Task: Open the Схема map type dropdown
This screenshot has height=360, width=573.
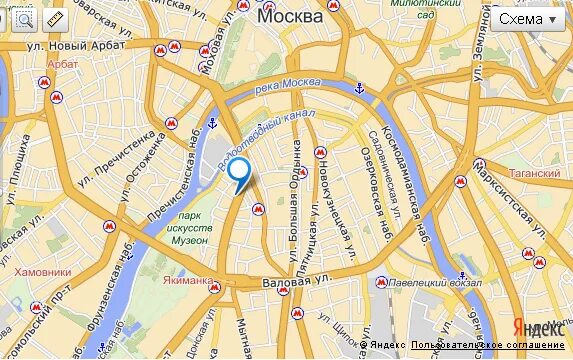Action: click(x=526, y=19)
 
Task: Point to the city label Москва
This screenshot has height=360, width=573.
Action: click(x=290, y=17)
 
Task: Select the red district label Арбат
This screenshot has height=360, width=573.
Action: click(x=62, y=64)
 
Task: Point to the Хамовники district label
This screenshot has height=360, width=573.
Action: click(x=44, y=271)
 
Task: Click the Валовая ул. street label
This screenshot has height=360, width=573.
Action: click(x=295, y=283)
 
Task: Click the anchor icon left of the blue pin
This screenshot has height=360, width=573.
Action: click(x=212, y=125)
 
